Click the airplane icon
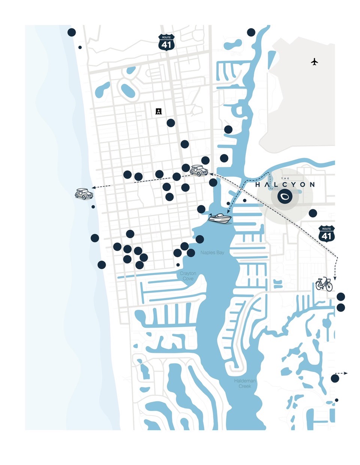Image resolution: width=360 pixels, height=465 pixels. point(314,61)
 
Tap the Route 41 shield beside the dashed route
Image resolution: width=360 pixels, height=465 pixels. point(326,233)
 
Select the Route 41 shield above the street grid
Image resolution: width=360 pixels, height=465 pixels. point(166,42)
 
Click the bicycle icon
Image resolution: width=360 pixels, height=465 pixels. point(324,284)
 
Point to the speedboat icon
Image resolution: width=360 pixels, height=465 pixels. point(220,218)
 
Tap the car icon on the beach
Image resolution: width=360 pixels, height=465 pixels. point(84,194)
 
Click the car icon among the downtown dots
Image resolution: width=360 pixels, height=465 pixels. point(199,171)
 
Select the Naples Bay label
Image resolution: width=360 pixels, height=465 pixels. point(212,253)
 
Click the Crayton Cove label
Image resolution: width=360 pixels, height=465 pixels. point(188,276)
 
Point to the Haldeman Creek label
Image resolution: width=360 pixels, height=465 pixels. point(245,383)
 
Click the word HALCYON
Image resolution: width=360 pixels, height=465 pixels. point(285,185)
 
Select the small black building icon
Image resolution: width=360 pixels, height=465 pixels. point(159,111)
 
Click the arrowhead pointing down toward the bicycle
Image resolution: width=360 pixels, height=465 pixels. point(335,278)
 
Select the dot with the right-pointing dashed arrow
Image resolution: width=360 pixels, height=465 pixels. point(335,378)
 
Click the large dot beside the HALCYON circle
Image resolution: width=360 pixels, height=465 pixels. point(313,214)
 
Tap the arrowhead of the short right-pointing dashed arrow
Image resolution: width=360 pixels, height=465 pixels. point(346,373)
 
